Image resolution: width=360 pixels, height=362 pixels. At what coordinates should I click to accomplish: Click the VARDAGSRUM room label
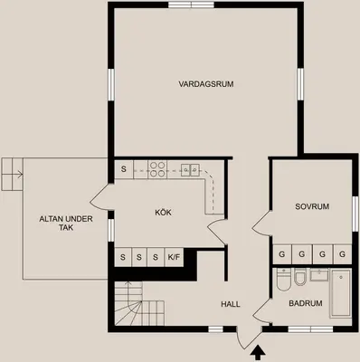[x=206, y=84]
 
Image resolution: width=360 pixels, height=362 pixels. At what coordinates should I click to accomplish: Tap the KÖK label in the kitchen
[x=163, y=213]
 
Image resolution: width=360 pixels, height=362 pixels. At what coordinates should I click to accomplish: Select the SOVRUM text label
[x=312, y=206]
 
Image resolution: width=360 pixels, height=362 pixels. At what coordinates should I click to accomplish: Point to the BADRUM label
[x=306, y=303]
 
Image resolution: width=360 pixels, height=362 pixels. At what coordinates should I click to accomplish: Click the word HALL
[x=231, y=304]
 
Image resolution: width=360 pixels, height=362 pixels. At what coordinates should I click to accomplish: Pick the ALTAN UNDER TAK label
[x=66, y=223]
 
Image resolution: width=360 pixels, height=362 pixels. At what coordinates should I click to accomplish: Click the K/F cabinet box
[x=174, y=257]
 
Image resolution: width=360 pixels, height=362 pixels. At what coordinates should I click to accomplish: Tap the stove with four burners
[x=157, y=169]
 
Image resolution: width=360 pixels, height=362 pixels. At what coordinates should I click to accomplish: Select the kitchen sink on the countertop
[x=190, y=170]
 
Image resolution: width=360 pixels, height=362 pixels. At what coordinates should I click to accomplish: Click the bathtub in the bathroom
[x=341, y=293]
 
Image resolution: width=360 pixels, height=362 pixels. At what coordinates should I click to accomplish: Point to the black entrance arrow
[x=258, y=354]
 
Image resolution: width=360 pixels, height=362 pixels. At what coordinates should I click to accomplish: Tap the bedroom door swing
[x=262, y=223]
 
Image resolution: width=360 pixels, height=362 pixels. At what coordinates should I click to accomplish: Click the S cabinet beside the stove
[x=124, y=169]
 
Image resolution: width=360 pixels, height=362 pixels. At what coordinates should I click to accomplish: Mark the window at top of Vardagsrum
[x=191, y=5]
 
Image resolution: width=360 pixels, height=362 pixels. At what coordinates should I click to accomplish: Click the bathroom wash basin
[x=319, y=275]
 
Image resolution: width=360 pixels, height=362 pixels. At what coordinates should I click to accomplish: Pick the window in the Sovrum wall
[x=355, y=214]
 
